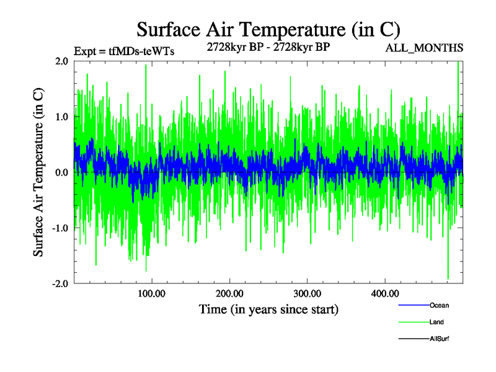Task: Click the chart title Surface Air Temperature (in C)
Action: click(x=268, y=29)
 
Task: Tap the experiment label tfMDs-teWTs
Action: click(x=124, y=51)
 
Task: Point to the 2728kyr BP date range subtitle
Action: click(x=268, y=48)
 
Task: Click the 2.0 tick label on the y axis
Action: click(x=62, y=61)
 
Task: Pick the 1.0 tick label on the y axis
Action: click(x=62, y=117)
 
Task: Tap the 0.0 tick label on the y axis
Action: click(x=62, y=172)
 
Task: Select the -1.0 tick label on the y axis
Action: click(x=60, y=228)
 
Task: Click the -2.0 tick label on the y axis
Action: click(x=60, y=283)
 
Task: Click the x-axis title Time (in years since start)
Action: click(x=268, y=309)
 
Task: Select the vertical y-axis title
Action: click(x=38, y=172)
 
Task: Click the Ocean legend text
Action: click(x=439, y=305)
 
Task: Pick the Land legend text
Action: click(x=436, y=322)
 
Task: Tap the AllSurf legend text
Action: click(x=440, y=339)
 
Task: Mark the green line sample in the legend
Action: click(x=413, y=322)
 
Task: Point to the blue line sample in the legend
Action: click(x=413, y=305)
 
